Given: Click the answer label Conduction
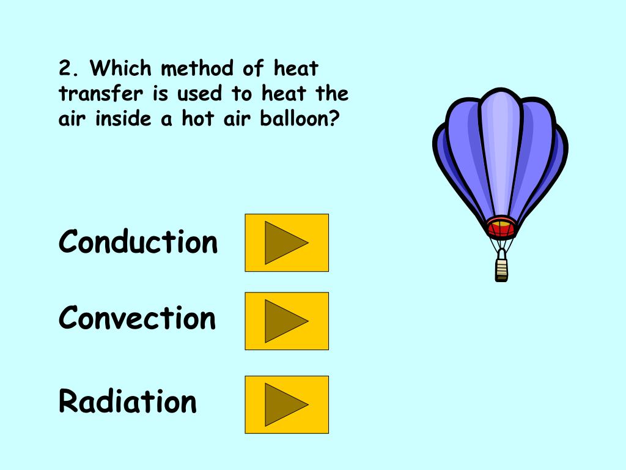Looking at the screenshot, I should (138, 242).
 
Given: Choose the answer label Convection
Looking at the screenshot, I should (138, 319).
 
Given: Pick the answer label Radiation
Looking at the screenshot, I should (128, 402).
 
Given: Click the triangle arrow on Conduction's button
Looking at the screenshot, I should (284, 242).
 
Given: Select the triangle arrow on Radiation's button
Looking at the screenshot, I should (284, 405).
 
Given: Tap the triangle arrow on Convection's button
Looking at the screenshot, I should (284, 321).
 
